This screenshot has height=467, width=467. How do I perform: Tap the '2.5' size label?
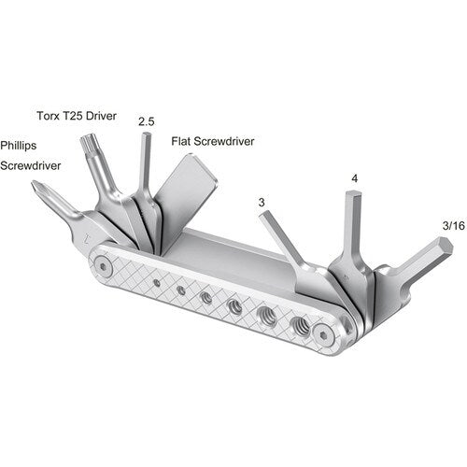click(x=146, y=121)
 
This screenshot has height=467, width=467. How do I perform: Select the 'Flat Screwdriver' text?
click(x=213, y=143)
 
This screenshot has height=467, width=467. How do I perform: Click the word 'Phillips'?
click(x=20, y=146)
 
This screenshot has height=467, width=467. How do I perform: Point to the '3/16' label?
click(x=429, y=226)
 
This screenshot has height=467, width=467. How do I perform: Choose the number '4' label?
click(x=354, y=177)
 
